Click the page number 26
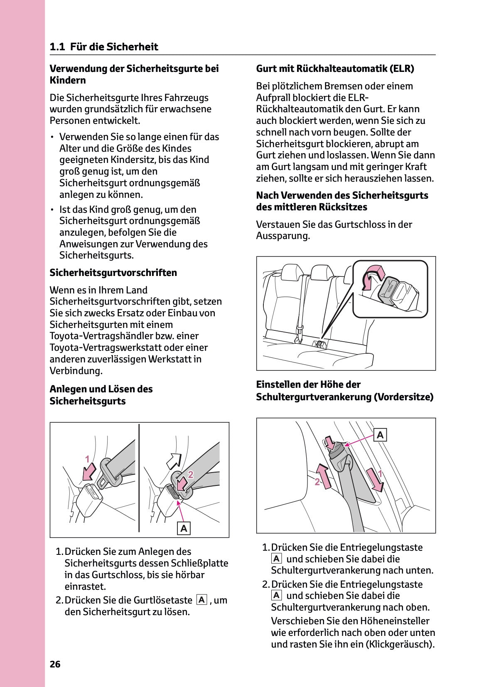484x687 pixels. pos(55,664)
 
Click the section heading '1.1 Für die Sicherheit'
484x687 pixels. pos(104,47)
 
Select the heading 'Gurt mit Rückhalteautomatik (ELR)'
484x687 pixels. pos(335,69)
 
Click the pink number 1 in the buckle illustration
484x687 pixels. pos(87,459)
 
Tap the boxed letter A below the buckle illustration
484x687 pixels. pos(184,528)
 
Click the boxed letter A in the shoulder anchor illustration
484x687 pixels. pos(380,435)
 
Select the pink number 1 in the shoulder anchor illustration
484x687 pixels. pos(379,473)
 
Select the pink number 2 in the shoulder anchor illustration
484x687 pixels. pos(317,482)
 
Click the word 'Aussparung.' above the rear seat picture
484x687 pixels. pos(283,236)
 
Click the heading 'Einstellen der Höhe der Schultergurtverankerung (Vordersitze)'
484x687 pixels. pos(344,391)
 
